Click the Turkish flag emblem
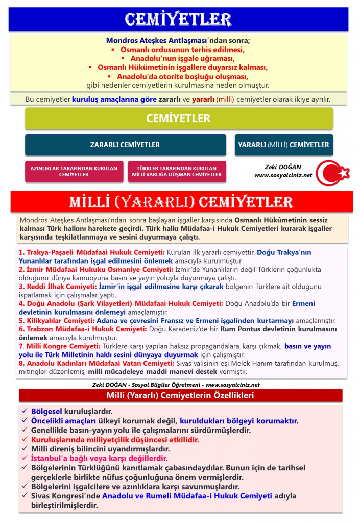click(x=332, y=173)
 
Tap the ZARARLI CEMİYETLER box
click(x=125, y=145)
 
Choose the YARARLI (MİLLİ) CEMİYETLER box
click(x=283, y=145)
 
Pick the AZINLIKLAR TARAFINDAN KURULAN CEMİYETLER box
click(x=74, y=172)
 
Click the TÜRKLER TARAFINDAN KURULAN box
click(x=177, y=172)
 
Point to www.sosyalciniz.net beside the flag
click(x=283, y=175)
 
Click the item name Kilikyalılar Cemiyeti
click(x=59, y=321)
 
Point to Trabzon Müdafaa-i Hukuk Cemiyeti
click(x=82, y=329)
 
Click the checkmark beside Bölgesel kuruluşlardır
click(x=25, y=411)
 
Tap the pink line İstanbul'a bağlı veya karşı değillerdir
click(x=99, y=458)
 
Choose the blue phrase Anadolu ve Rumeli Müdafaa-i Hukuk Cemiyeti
click(x=187, y=496)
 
